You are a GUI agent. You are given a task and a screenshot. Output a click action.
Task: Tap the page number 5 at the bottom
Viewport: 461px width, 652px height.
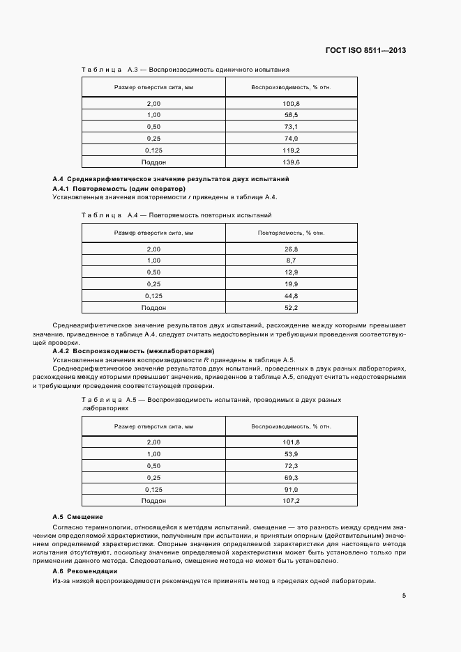[x=404, y=596]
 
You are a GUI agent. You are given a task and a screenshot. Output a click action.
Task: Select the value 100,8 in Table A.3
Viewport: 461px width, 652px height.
[x=291, y=103]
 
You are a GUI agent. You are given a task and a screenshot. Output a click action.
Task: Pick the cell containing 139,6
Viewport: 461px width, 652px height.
[x=291, y=162]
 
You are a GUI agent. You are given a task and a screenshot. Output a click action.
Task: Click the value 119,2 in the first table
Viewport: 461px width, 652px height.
[x=291, y=150]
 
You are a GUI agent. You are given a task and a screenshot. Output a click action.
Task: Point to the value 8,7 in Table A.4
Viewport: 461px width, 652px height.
[x=291, y=261]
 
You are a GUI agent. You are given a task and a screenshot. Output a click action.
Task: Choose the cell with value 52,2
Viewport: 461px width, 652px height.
[x=291, y=308]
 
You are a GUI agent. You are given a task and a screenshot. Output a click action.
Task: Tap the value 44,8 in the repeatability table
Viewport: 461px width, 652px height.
[x=291, y=296]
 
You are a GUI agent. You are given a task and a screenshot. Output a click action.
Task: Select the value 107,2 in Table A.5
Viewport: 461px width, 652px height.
[x=291, y=500]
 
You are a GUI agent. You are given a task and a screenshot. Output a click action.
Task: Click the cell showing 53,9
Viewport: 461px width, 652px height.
[x=291, y=453]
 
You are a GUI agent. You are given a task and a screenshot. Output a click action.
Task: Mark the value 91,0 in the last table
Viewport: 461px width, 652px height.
[x=291, y=488]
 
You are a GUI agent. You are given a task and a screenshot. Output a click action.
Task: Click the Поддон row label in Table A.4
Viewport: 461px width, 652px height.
[x=153, y=308]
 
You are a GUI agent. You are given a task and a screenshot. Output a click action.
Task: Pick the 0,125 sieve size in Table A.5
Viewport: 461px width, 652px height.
[x=153, y=488]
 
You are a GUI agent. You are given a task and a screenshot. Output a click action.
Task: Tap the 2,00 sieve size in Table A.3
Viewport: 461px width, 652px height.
[x=153, y=103]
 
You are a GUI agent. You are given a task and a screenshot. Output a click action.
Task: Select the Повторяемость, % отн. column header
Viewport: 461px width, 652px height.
[x=291, y=232]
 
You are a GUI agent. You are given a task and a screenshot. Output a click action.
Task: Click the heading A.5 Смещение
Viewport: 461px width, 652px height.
[x=78, y=517]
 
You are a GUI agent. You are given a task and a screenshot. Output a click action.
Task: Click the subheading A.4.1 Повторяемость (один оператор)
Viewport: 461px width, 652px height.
[x=119, y=188]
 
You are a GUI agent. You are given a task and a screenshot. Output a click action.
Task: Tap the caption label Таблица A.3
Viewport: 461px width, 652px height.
[x=103, y=70]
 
